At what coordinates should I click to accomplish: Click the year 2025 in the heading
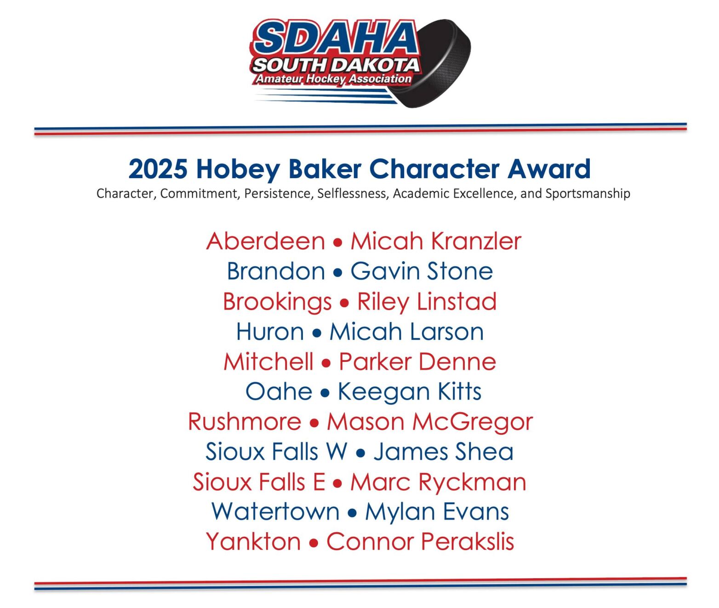pyautogui.click(x=158, y=169)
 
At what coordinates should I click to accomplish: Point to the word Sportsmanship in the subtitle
pyautogui.click(x=588, y=193)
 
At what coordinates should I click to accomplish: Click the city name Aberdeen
pyautogui.click(x=265, y=241)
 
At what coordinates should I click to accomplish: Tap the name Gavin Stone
pyautogui.click(x=422, y=271)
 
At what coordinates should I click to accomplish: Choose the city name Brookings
pyautogui.click(x=277, y=302)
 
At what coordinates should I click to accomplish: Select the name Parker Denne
pyautogui.click(x=417, y=362)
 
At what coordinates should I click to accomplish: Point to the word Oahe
pyautogui.click(x=279, y=392)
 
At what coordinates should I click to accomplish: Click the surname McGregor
pyautogui.click(x=473, y=422)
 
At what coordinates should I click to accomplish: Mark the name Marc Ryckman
pyautogui.click(x=438, y=482)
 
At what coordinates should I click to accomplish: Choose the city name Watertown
pyautogui.click(x=275, y=512)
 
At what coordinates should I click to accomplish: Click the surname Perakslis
pyautogui.click(x=467, y=541)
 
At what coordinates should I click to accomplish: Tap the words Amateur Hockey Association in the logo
pyautogui.click(x=334, y=79)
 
